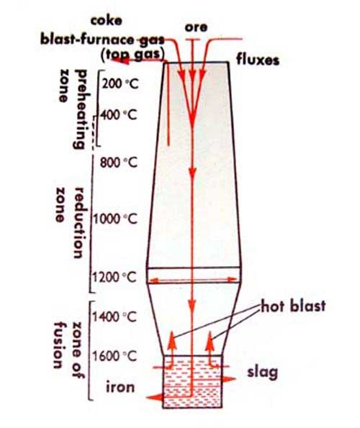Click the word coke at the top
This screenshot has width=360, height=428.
(x=107, y=20)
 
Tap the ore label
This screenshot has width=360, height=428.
(x=196, y=27)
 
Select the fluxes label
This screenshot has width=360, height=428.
(x=258, y=60)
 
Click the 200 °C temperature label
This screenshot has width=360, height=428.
(x=120, y=83)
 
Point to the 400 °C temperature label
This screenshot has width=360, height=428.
(x=119, y=114)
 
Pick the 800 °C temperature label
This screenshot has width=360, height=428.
(x=118, y=163)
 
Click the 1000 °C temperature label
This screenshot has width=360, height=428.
(x=115, y=219)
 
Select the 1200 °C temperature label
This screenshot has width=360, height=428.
(x=114, y=278)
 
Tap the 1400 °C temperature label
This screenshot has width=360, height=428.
(x=114, y=317)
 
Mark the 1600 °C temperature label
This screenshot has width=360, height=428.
(x=114, y=356)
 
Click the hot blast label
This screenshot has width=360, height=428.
(x=293, y=306)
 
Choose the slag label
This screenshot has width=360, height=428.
(x=262, y=373)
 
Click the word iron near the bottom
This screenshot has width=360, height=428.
(x=120, y=387)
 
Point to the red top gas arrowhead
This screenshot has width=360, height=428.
(x=120, y=60)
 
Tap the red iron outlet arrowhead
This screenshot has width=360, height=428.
(x=154, y=397)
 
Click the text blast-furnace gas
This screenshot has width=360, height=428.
(x=102, y=40)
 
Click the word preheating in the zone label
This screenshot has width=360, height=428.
(x=80, y=109)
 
